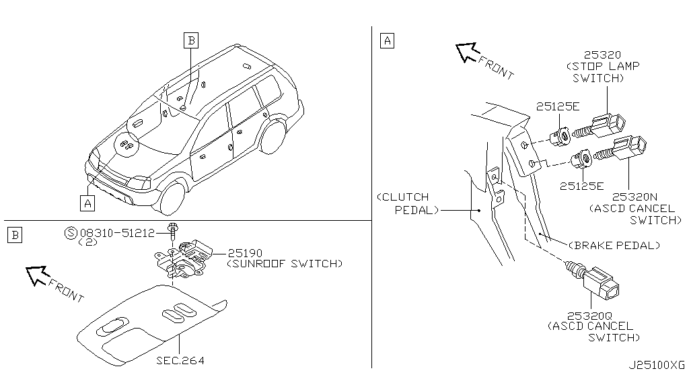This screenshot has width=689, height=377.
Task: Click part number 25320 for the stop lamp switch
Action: [x=602, y=55]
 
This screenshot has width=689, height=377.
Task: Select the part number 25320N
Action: [x=635, y=197]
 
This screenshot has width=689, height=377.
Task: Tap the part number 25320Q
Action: [x=589, y=316]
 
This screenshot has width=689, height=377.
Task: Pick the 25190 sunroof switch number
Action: [x=245, y=253]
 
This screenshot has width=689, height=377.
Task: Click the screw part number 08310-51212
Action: [x=117, y=233]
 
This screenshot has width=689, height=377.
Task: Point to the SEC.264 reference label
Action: [x=180, y=361]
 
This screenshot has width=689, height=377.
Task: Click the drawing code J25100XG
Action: [x=657, y=365]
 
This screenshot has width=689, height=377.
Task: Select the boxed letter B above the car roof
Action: [x=191, y=40]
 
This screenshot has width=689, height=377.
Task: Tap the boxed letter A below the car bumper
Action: [x=88, y=203]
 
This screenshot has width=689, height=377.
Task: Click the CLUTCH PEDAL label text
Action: [x=407, y=203]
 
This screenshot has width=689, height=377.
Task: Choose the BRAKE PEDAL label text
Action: [x=614, y=245]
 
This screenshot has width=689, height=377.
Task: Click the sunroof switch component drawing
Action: [x=182, y=260]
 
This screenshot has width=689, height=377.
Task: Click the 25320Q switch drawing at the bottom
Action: [x=593, y=280]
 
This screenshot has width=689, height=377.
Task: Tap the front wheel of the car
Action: [x=172, y=198]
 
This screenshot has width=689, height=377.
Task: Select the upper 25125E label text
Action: [x=558, y=106]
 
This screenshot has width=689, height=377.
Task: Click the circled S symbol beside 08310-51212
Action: [x=71, y=233]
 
